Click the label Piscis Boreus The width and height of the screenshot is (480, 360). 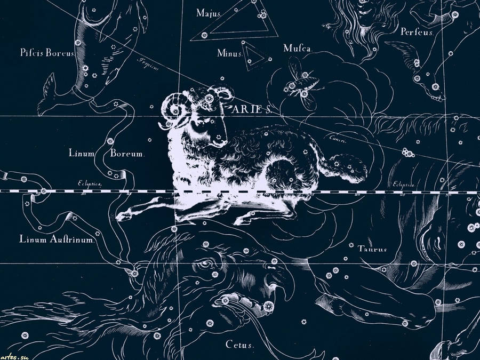(47, 53)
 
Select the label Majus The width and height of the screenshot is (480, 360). (209, 12)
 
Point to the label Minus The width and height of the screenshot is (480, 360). (230, 53)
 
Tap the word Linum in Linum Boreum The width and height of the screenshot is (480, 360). (82, 154)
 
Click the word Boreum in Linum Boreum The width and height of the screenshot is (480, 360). (127, 154)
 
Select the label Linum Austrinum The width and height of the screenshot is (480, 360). (57, 239)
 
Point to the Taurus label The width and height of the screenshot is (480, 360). (372, 249)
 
